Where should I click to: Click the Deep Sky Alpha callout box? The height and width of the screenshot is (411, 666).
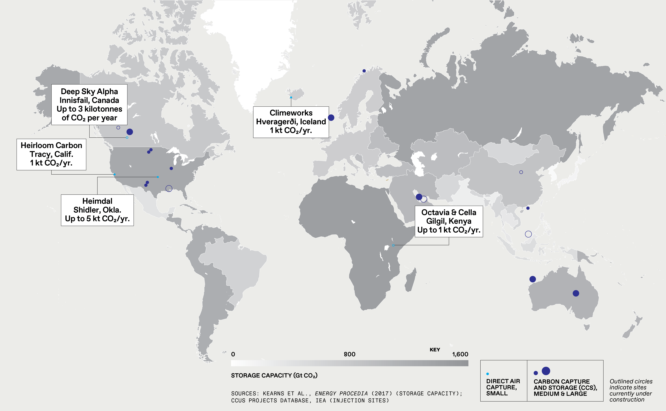click(89, 105)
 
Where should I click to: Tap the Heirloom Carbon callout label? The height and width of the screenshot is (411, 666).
click(51, 154)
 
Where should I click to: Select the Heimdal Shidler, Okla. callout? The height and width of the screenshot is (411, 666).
click(97, 210)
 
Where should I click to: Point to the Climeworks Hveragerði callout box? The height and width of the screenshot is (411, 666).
click(291, 122)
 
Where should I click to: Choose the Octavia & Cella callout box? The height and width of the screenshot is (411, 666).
click(449, 221)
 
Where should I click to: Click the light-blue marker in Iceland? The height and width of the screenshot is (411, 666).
click(291, 97)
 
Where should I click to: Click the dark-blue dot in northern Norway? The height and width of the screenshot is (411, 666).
click(364, 71)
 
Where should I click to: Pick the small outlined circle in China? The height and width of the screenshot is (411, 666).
click(521, 172)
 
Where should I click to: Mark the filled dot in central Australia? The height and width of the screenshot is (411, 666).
click(576, 293)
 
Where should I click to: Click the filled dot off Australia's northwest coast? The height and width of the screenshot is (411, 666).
click(533, 279)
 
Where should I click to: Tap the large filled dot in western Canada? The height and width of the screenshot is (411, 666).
click(130, 132)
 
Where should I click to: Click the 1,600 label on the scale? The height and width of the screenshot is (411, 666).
click(460, 354)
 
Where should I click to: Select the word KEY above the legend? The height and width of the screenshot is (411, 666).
click(435, 350)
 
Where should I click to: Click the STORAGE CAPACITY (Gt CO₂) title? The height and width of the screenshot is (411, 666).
click(274, 375)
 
